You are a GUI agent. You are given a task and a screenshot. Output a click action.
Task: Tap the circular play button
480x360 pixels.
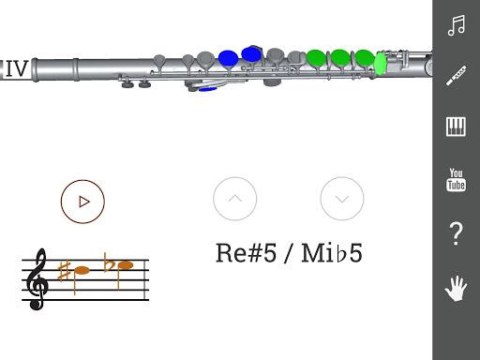(x=82, y=200)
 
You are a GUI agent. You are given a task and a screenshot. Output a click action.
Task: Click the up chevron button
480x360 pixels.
(x=234, y=198)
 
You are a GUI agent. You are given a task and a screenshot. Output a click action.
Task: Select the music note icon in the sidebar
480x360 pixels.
(x=457, y=25)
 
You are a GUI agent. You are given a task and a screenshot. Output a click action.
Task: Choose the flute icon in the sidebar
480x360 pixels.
(x=457, y=76)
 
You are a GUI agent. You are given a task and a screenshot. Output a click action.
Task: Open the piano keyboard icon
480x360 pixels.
(x=457, y=127)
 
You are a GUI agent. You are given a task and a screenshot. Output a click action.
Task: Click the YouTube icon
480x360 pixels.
(x=457, y=179)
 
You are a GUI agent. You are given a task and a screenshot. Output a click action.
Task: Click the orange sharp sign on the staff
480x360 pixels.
(x=65, y=272)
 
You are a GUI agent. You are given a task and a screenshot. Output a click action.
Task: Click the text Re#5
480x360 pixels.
(x=246, y=253)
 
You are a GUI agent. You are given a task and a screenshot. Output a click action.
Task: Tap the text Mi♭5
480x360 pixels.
(x=332, y=253)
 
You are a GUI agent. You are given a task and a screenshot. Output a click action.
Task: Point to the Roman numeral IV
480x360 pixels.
(x=16, y=68)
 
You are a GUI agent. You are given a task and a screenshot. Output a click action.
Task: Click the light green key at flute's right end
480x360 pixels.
(x=381, y=63)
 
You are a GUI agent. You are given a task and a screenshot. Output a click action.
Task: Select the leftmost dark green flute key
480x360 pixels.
(x=316, y=58)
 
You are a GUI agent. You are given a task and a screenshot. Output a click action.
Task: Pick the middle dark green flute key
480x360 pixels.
(x=340, y=58)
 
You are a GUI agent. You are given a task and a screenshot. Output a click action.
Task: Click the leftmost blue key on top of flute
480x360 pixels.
(x=228, y=58)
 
